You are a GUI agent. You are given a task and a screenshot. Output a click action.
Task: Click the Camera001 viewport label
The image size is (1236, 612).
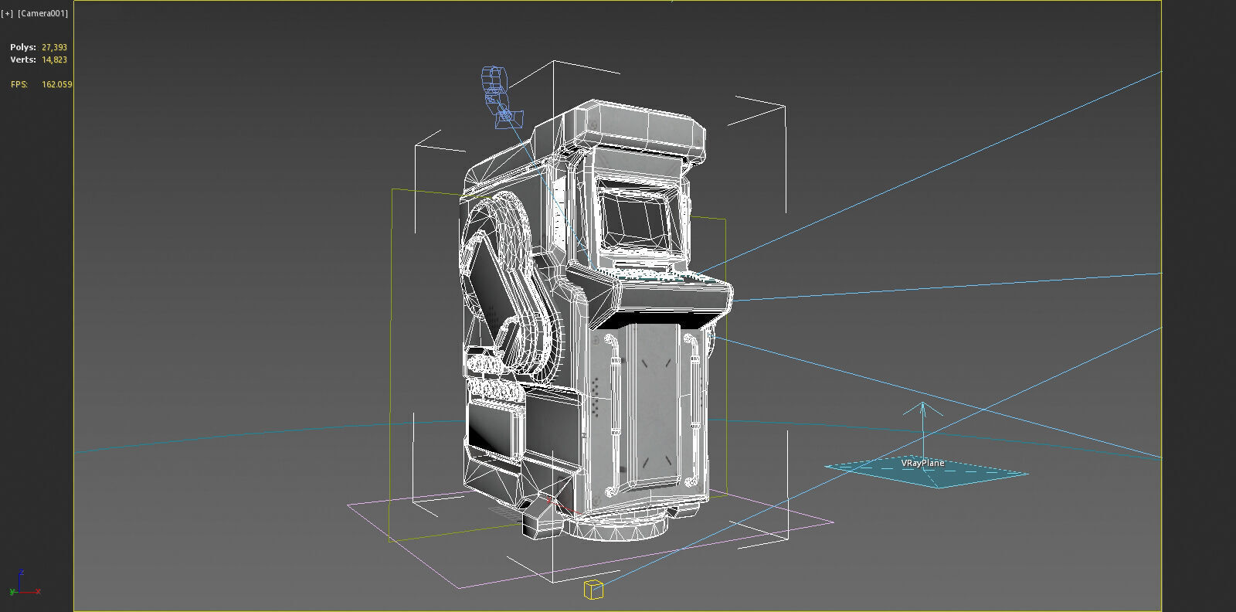42,13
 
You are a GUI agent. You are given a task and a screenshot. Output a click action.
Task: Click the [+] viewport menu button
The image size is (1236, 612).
8,13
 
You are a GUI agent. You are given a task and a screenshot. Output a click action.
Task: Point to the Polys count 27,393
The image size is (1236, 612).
54,47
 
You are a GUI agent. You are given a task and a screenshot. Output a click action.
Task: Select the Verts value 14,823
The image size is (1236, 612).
54,59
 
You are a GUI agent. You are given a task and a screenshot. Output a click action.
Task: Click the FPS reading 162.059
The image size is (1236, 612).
56,84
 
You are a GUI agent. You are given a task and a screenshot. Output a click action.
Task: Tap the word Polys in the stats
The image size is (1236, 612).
22,47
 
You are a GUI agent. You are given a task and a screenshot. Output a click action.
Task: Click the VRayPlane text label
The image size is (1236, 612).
922,463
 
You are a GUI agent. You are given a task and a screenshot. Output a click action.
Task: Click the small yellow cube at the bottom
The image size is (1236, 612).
593,590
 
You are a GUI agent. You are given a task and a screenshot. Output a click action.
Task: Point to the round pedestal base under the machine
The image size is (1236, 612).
618,529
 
